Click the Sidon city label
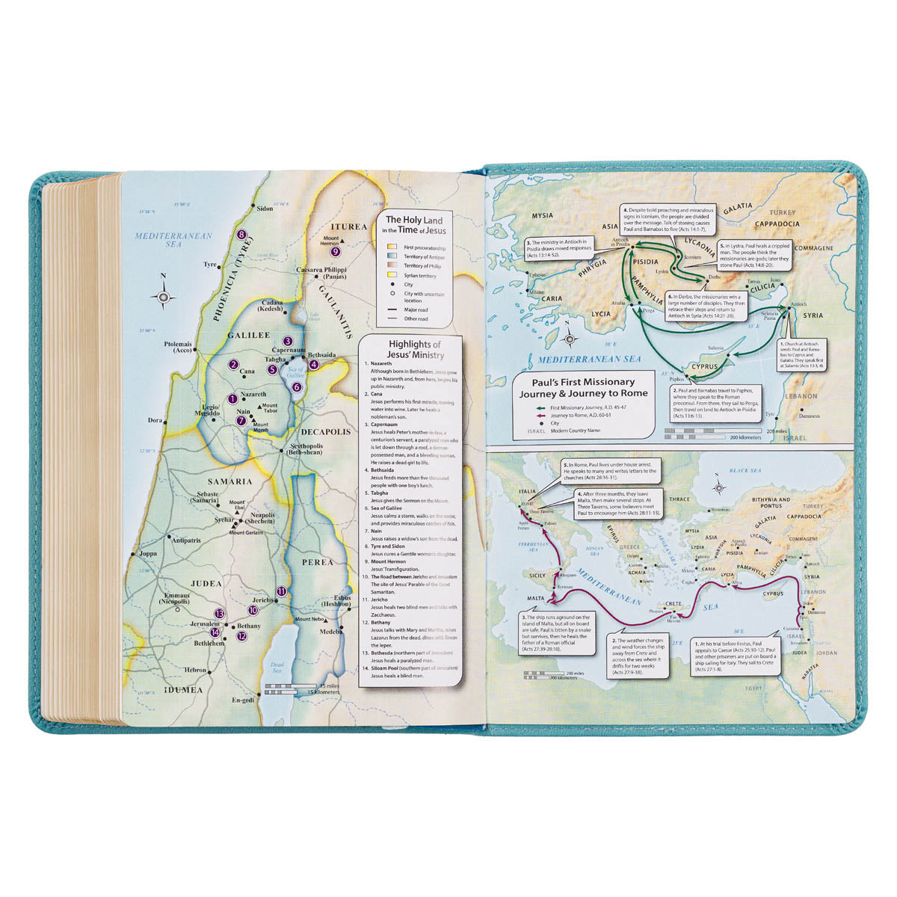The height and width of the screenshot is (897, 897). tap(264, 209)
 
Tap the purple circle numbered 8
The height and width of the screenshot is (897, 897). tap(241, 235)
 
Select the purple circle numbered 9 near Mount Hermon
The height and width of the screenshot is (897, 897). tap(336, 251)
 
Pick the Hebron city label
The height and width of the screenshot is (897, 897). tap(196, 671)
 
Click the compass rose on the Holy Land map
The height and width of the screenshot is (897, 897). tap(163, 298)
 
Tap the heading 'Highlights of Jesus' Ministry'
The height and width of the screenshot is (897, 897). tap(416, 350)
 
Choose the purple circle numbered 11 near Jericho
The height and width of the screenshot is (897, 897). tap(281, 592)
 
